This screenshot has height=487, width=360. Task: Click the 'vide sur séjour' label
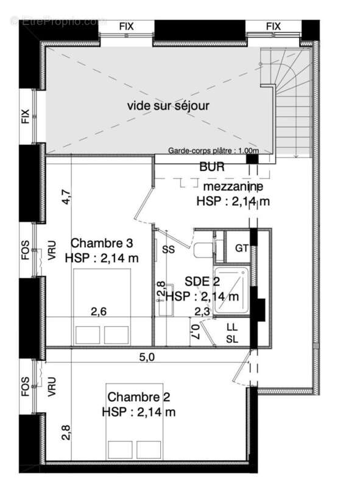168,106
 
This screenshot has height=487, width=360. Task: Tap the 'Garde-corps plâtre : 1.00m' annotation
214,150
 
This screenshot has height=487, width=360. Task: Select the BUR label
211,166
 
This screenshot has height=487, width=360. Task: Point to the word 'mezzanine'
234,186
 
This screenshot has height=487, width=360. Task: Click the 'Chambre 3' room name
102,243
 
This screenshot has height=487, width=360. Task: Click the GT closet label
242,248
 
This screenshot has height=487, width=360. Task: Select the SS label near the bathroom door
168,249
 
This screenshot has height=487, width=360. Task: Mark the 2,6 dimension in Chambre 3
99,312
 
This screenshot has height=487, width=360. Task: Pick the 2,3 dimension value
202,312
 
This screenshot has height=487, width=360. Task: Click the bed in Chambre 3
102,307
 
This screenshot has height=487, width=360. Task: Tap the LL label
232,328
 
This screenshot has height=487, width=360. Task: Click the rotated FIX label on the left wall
25,116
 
